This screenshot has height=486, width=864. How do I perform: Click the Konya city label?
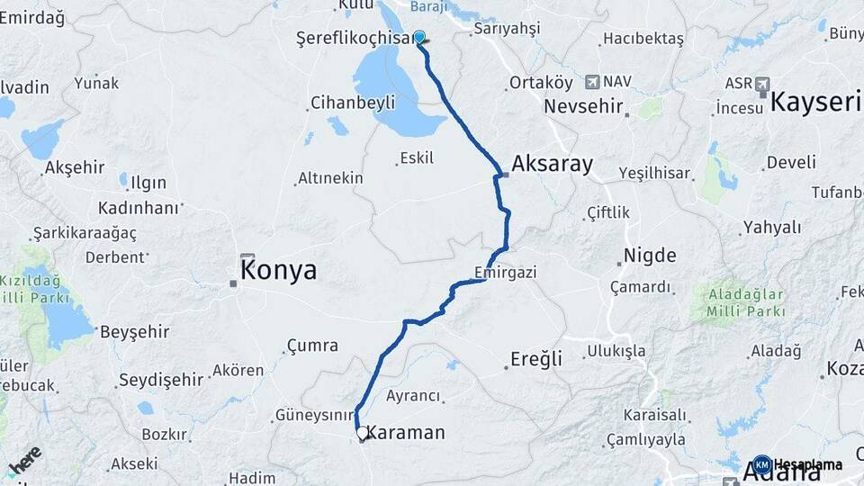coord(278,270)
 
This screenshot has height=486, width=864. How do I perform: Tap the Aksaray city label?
coord(553,164)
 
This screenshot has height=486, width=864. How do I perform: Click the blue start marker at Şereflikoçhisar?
coord(418,37)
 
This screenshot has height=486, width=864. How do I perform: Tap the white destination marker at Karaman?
coord(362,434)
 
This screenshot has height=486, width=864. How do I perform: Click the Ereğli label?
coord(536,358)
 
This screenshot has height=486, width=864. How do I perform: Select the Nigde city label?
coord(650,255)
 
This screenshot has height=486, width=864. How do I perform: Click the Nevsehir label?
coord(583,106)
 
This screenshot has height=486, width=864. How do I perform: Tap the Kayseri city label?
coord(815,101)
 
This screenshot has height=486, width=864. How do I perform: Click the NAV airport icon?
coord(592,82)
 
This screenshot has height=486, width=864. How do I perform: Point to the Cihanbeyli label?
coord(353,103)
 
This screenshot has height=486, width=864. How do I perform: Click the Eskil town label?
coord(417,158)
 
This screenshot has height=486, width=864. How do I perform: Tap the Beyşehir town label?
coord(135,331)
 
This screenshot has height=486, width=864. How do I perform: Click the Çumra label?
coord(312,346)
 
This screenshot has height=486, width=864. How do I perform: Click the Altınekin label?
coord(332,178)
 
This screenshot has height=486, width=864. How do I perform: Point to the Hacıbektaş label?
coord(643,39)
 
